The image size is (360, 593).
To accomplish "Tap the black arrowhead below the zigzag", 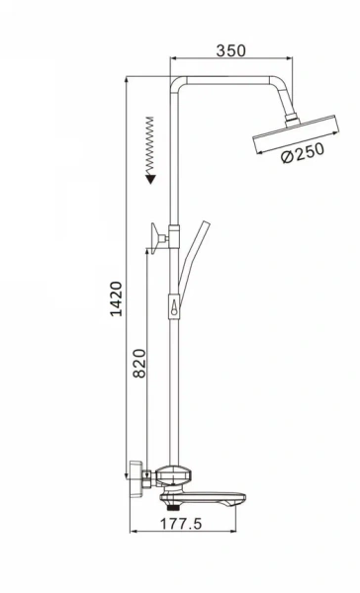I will (x=151, y=178).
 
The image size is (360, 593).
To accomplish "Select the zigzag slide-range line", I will (x=151, y=143).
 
